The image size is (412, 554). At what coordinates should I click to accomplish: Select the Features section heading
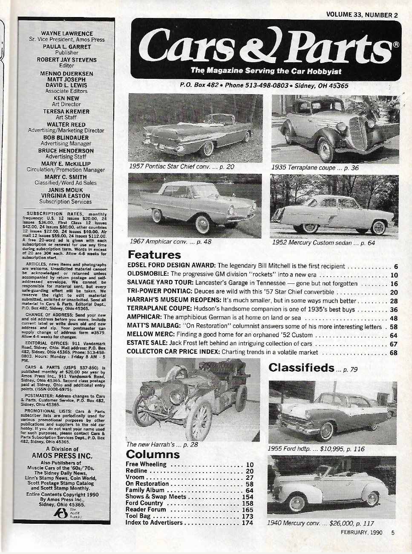[154, 255]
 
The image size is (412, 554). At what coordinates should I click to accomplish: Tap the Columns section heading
[153, 454]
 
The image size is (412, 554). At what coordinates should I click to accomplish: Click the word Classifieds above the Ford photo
[301, 368]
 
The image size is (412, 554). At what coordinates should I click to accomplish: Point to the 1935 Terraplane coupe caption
[315, 167]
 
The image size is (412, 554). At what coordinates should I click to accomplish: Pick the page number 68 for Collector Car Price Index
[393, 352]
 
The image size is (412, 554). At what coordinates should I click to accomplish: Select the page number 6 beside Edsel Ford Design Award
[396, 266]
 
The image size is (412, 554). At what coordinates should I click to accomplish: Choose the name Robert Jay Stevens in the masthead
[66, 60]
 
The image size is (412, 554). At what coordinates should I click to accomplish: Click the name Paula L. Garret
[66, 46]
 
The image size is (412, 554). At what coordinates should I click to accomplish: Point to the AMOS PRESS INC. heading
[62, 456]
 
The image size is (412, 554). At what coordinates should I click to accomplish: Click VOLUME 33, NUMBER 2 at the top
[361, 14]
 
